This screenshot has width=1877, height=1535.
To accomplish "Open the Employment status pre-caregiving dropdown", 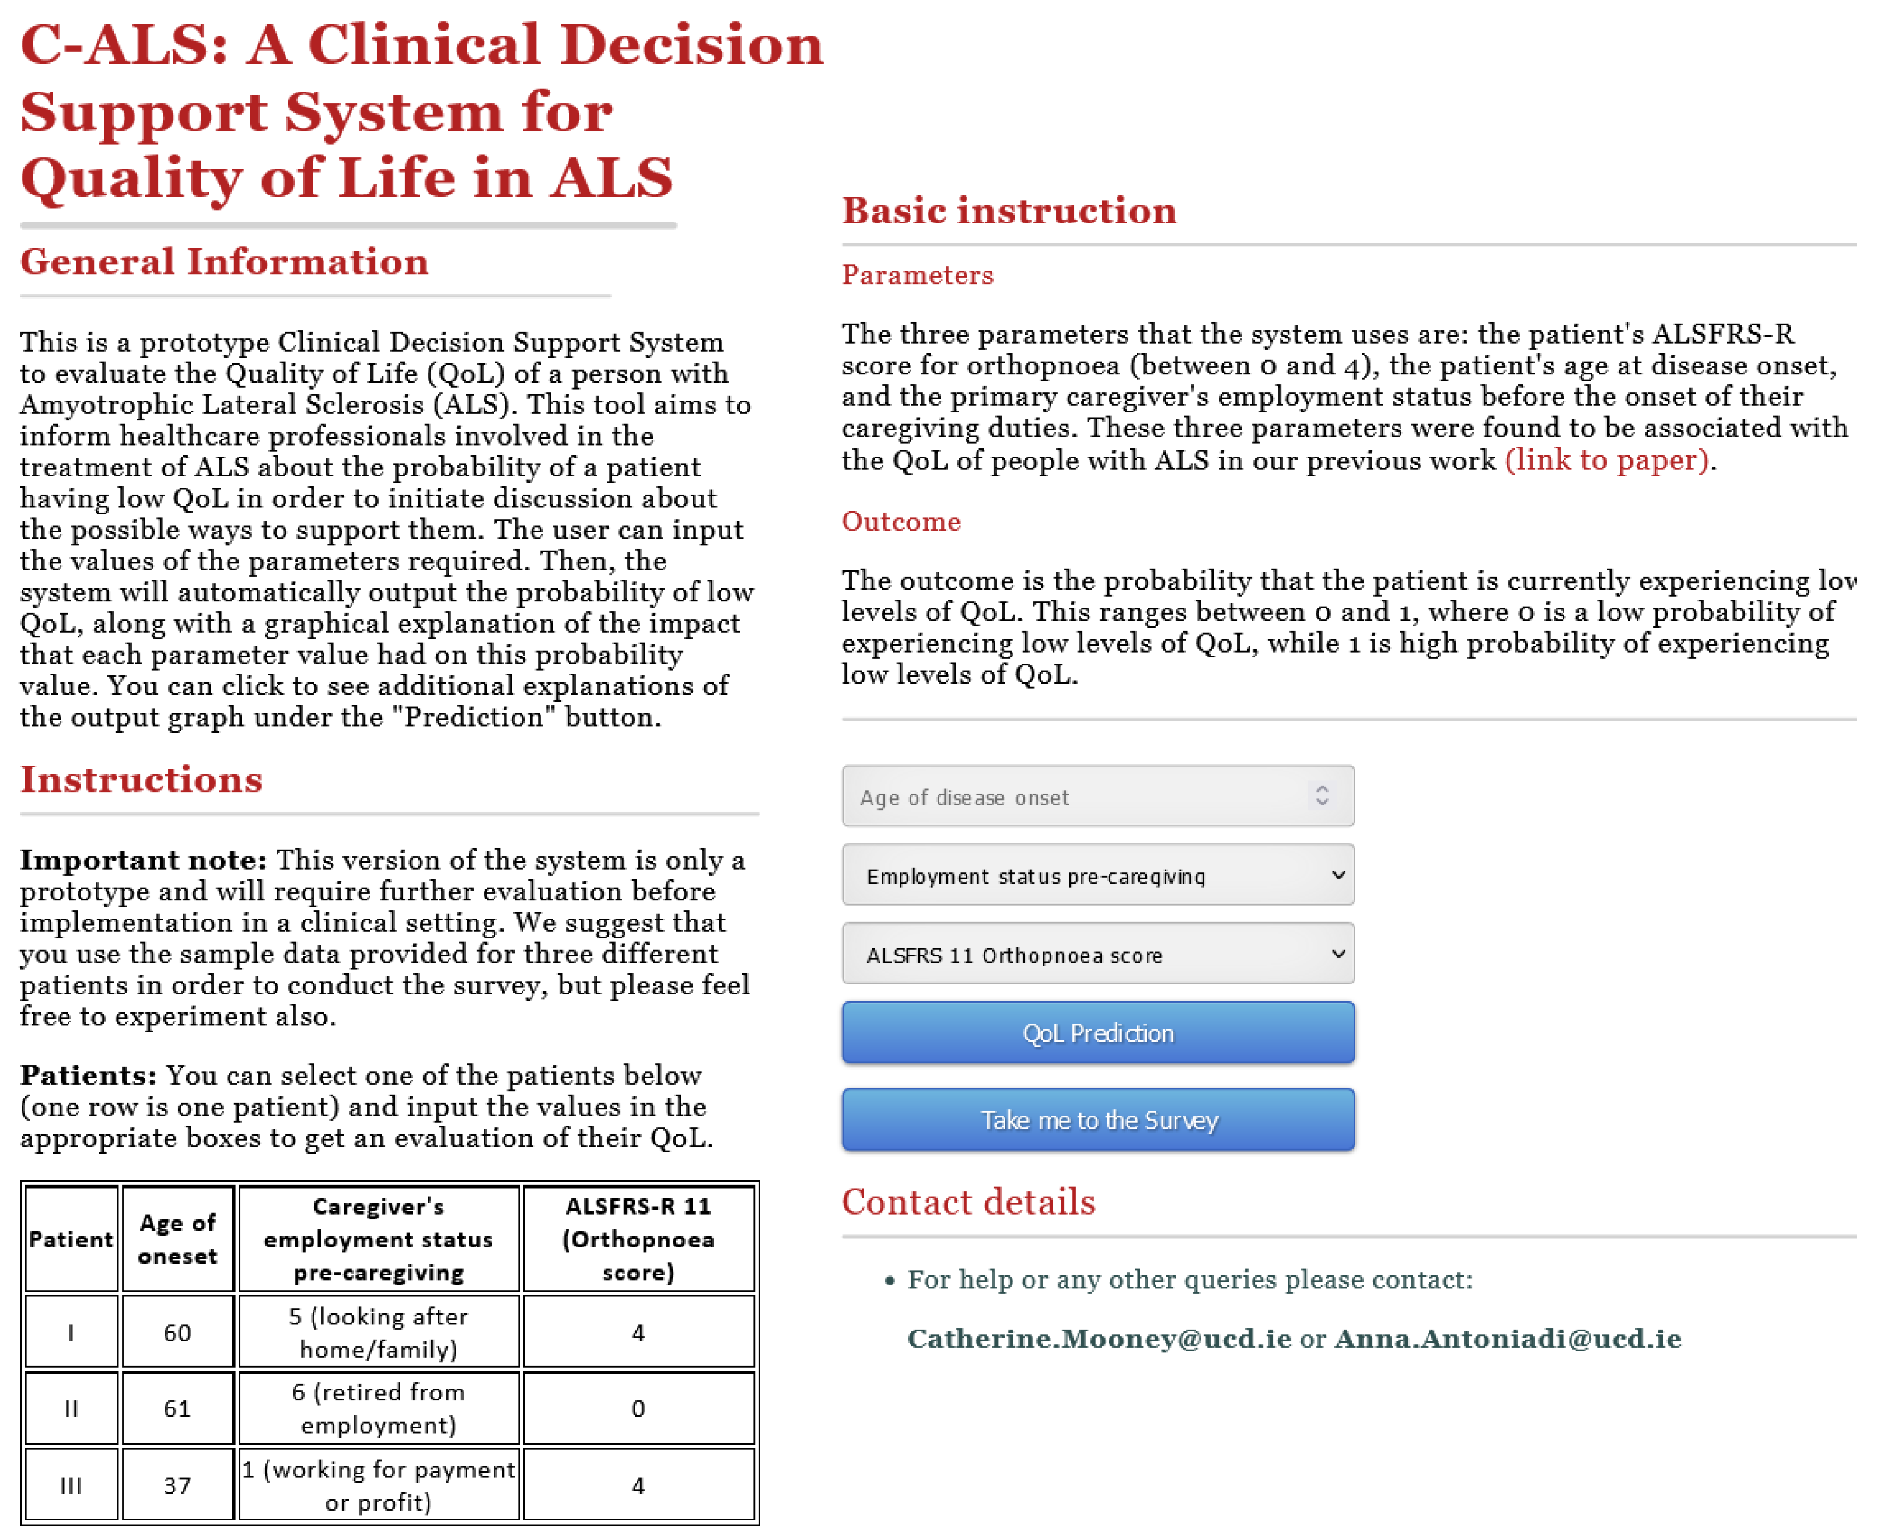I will [x=1097, y=875].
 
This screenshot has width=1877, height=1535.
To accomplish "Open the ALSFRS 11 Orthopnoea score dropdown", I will [x=1097, y=954].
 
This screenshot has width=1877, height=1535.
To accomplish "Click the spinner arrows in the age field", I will [x=1322, y=795].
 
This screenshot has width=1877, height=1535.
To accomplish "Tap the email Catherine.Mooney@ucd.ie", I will [x=1099, y=1338].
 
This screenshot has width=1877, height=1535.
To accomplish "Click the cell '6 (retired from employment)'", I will [x=379, y=1408].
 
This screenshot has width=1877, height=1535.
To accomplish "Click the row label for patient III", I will [x=71, y=1485].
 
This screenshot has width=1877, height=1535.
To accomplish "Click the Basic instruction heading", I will [x=1009, y=211].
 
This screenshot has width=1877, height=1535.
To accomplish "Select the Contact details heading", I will [x=969, y=1203].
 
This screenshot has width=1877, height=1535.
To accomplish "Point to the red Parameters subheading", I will [x=917, y=275].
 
